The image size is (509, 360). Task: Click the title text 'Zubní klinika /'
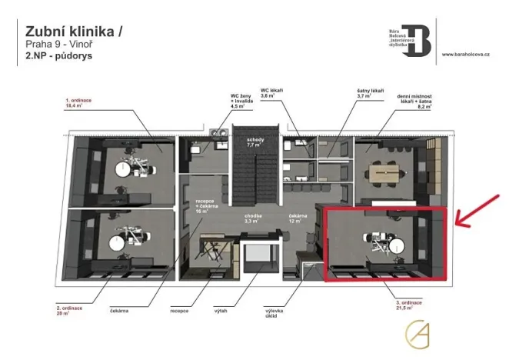[73, 32]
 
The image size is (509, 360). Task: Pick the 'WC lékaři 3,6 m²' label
[274, 95]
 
